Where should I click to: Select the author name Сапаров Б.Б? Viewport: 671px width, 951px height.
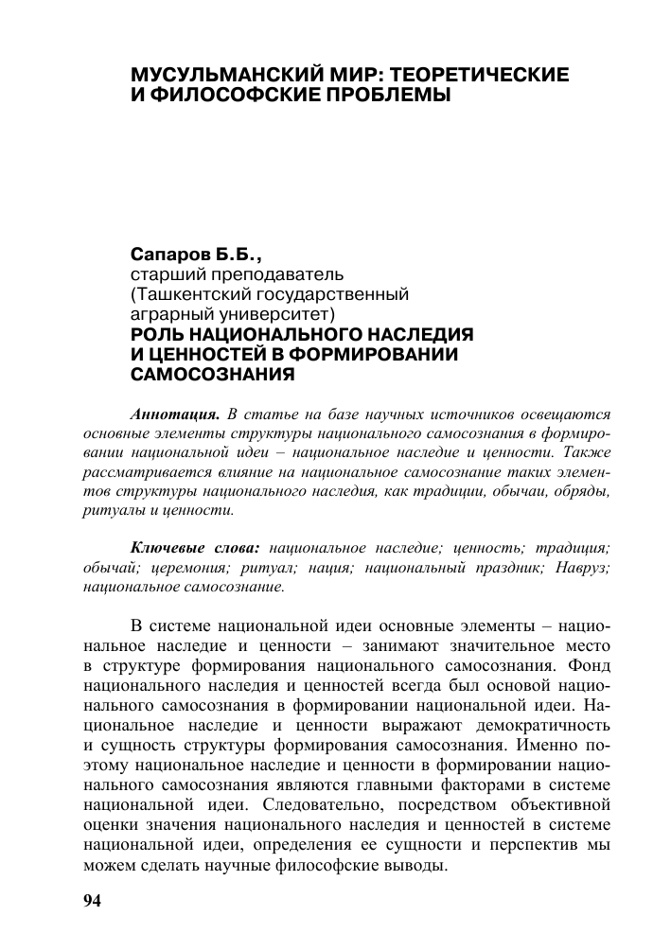(196, 256)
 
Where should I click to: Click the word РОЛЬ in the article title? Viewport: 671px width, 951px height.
(155, 334)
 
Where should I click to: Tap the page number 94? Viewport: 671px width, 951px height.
(92, 900)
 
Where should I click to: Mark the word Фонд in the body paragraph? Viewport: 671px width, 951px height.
(589, 666)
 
